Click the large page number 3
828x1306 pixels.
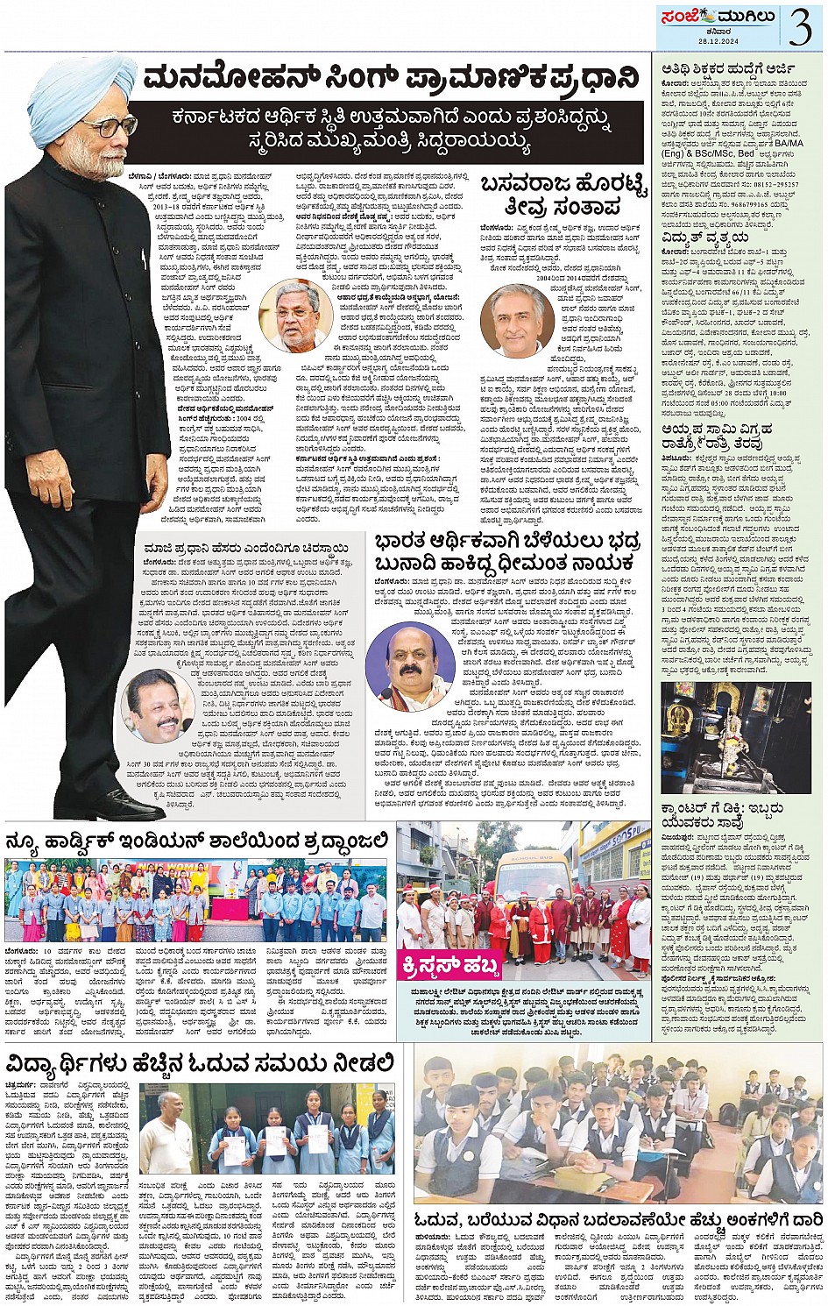[799, 27]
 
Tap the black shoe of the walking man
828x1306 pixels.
[123, 802]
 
